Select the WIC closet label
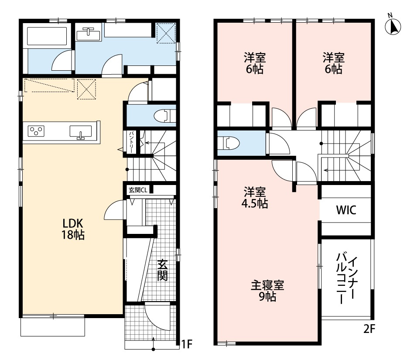346,210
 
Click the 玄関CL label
137,190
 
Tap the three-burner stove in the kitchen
36,130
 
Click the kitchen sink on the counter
80,131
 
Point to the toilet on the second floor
229,143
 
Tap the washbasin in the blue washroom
89,33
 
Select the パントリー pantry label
130,141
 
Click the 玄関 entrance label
162,271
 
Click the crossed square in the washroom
166,32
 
